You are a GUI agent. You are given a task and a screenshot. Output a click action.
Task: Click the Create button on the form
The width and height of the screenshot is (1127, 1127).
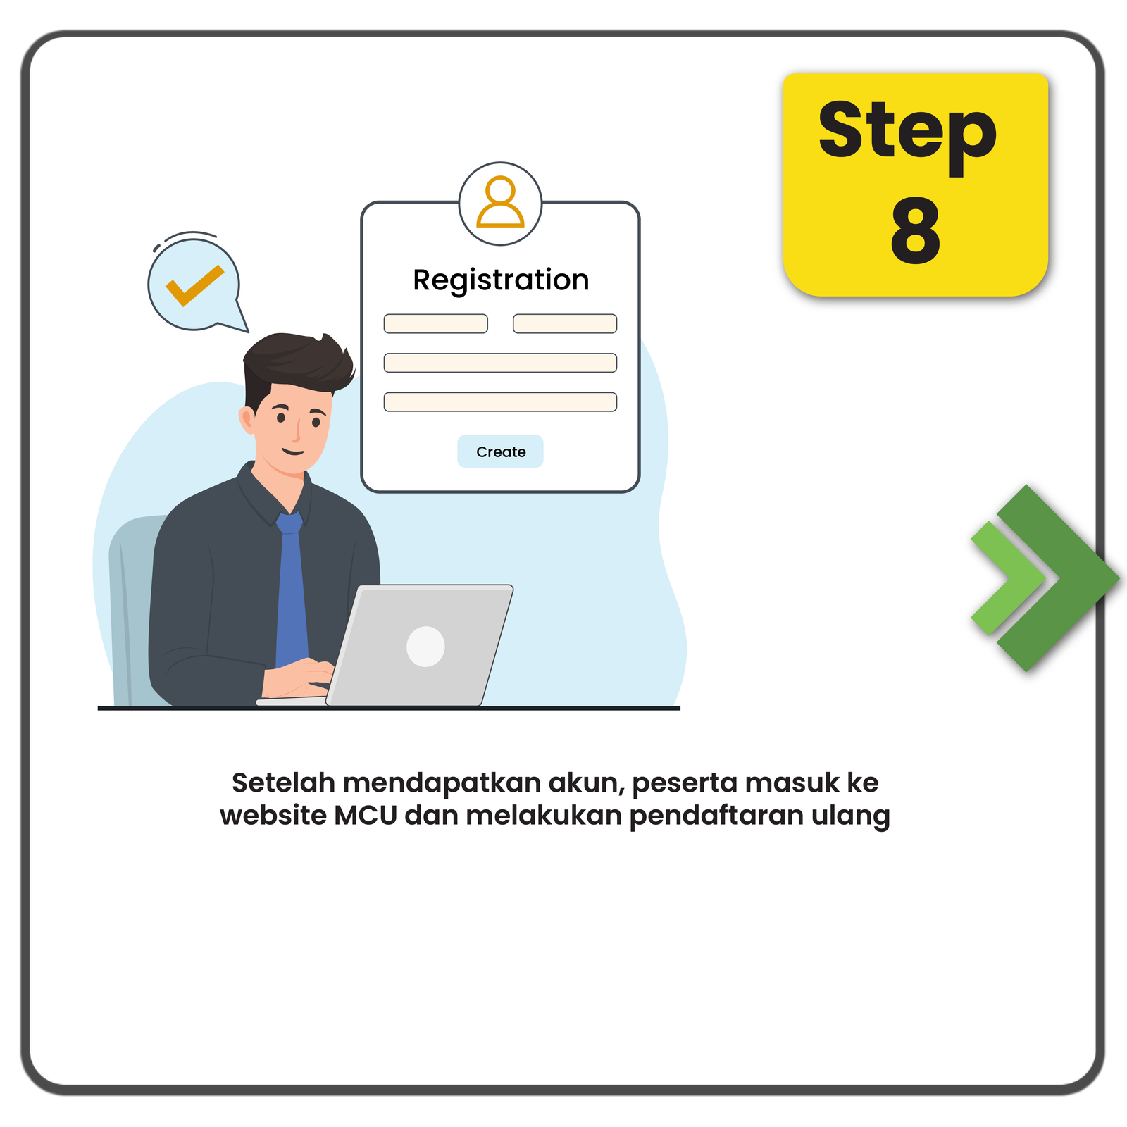(x=500, y=452)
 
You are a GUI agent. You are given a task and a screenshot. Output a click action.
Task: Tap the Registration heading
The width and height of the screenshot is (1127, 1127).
(x=501, y=280)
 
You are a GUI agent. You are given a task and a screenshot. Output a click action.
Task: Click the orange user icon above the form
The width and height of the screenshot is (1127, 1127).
(x=500, y=202)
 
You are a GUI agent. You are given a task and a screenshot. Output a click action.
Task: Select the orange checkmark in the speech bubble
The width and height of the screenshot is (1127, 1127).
(x=194, y=285)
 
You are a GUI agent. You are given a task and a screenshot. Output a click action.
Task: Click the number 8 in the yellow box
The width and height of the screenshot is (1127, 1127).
(x=915, y=230)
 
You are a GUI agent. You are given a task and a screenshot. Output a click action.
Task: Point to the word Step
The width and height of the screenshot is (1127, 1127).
(x=907, y=134)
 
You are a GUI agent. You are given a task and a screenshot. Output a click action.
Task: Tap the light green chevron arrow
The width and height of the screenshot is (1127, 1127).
(x=1009, y=578)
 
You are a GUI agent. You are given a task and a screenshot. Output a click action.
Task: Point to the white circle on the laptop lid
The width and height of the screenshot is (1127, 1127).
(x=425, y=646)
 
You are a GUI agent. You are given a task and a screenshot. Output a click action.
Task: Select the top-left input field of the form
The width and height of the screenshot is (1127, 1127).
(x=435, y=323)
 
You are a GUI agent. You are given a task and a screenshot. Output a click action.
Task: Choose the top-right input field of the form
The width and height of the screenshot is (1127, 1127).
(x=565, y=323)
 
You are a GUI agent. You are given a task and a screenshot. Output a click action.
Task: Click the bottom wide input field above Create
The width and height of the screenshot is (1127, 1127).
(x=500, y=401)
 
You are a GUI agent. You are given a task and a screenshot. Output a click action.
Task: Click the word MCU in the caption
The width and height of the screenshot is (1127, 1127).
(x=366, y=815)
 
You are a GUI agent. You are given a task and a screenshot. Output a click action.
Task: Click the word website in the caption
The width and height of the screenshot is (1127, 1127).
(x=273, y=815)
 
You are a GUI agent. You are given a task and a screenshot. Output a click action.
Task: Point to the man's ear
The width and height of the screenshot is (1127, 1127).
(x=247, y=421)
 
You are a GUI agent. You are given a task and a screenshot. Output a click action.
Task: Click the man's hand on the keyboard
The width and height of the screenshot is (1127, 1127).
(x=296, y=678)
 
